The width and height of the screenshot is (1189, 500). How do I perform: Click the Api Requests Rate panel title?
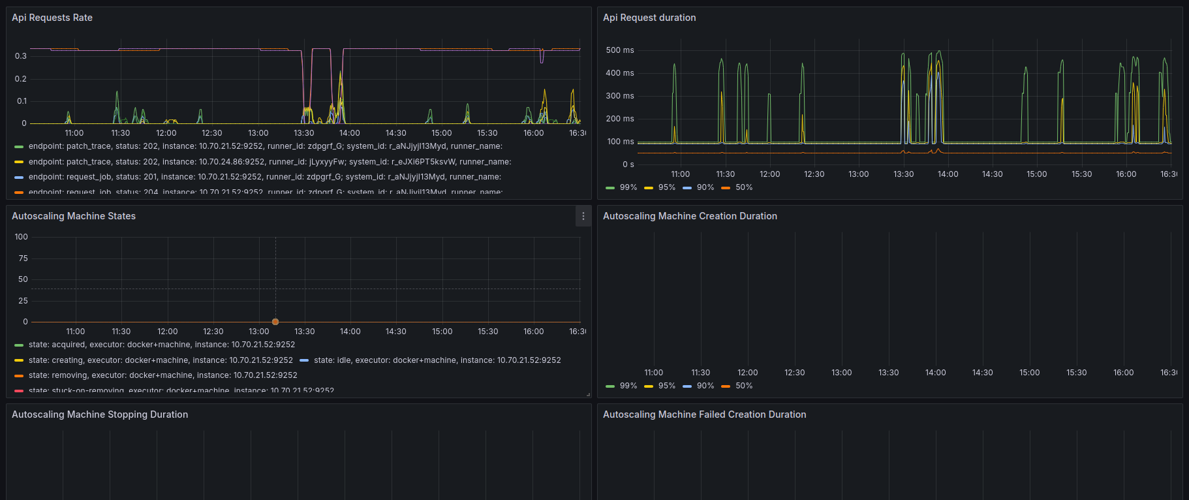point(52,18)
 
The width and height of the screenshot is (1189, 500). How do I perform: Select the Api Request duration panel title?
point(649,18)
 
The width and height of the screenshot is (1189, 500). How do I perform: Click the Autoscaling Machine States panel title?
point(74,216)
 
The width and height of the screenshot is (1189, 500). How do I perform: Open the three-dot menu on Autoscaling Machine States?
point(583,216)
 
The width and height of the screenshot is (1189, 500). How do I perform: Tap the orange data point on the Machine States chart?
point(275,322)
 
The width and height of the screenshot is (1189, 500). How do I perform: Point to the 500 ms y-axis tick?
point(620,50)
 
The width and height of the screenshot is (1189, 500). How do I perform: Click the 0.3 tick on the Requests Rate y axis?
point(21,56)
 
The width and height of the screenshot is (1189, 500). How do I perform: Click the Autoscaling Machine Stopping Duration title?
point(100,414)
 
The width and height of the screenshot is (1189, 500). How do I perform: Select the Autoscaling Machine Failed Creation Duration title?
point(704,414)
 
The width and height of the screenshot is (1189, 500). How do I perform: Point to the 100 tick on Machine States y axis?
point(22,237)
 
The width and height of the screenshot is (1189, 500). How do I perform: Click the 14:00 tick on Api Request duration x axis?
point(948,174)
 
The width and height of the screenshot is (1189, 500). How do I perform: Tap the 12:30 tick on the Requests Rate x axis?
point(212,133)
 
